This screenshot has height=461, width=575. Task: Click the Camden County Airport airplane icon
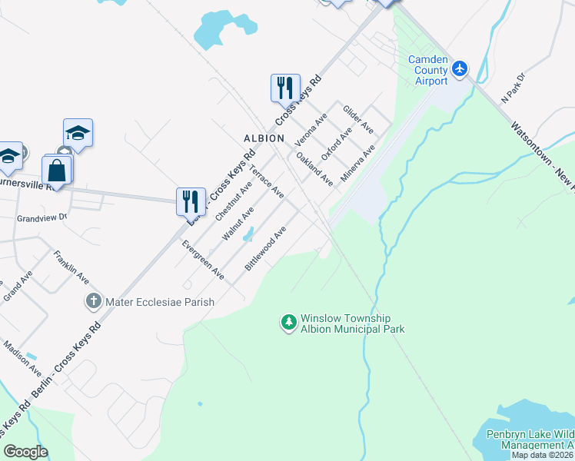460,69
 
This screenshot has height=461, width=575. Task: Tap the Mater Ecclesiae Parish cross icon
94,301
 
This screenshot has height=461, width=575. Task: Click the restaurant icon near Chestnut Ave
190,201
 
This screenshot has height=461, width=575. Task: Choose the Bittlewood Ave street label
265,247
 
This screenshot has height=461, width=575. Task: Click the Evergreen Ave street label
203,259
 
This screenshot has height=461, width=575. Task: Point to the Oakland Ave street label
314,169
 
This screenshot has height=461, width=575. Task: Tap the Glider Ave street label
358,120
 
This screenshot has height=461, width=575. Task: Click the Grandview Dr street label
42,218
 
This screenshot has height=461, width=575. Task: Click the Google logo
25,452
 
